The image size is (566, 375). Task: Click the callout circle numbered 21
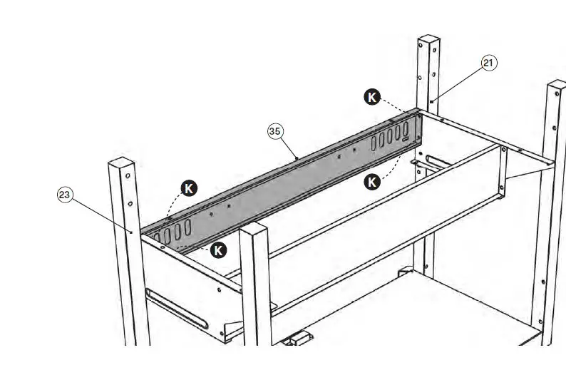(488, 63)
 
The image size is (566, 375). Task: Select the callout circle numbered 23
(65, 194)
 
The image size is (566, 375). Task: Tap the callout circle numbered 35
(275, 130)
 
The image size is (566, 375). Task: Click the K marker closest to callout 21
(372, 97)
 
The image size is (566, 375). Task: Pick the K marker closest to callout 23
(189, 188)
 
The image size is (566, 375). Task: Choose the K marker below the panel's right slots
(372, 182)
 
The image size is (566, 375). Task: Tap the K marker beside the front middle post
(219, 250)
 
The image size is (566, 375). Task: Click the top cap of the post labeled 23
(121, 163)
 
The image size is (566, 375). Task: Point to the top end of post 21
(428, 39)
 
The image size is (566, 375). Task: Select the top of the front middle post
(254, 229)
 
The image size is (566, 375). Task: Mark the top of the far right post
(556, 86)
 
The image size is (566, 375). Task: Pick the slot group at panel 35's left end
(171, 232)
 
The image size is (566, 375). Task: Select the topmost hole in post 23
(127, 175)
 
